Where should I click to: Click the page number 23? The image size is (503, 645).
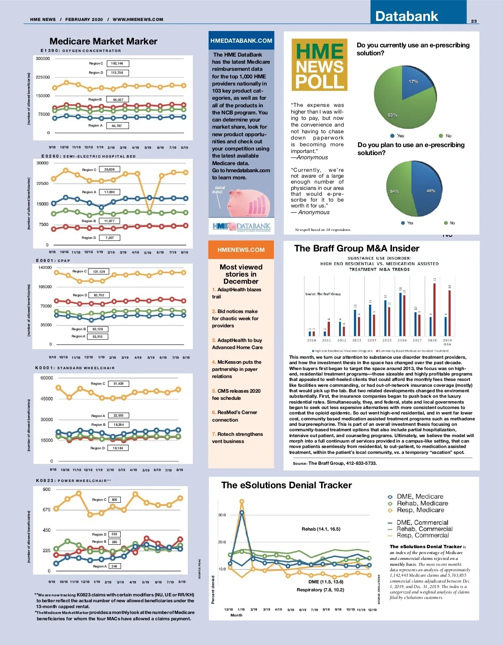click(x=474, y=21)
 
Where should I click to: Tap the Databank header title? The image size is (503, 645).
click(x=406, y=16)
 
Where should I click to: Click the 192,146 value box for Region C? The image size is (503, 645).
click(x=117, y=64)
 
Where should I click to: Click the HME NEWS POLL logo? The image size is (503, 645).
click(x=319, y=65)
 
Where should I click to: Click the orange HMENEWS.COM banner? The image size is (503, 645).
click(x=241, y=250)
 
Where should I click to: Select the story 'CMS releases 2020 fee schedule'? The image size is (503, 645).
click(x=236, y=394)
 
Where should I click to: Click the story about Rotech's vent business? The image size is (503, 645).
click(x=237, y=438)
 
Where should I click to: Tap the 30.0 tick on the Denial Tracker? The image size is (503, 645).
click(x=222, y=515)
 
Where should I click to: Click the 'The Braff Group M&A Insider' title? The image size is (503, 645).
click(x=357, y=248)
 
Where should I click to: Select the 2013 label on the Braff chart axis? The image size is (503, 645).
click(x=357, y=340)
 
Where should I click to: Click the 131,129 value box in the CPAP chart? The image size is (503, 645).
click(x=99, y=272)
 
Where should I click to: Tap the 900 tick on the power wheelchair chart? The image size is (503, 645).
click(x=47, y=490)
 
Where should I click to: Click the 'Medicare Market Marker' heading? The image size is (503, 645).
click(x=104, y=41)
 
